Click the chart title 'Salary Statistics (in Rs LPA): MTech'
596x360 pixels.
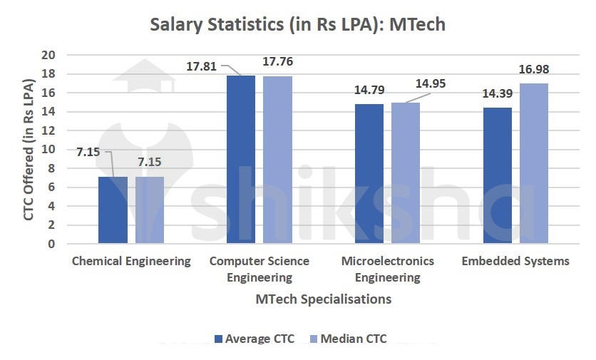(297, 24)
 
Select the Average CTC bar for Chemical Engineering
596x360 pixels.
(113, 210)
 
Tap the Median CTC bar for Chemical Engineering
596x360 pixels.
(150, 210)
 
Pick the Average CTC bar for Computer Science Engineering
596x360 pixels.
(240, 160)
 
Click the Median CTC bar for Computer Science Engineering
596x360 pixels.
(277, 160)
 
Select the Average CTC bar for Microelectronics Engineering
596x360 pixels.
(369, 174)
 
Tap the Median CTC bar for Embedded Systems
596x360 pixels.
(533, 164)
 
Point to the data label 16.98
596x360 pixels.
(534, 70)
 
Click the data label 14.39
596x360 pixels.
(496, 94)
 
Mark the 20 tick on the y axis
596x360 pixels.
(48, 55)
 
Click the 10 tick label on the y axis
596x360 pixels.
(48, 150)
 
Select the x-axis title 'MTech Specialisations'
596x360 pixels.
(324, 299)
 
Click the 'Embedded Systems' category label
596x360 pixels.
(515, 261)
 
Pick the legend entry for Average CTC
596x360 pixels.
(255, 339)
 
